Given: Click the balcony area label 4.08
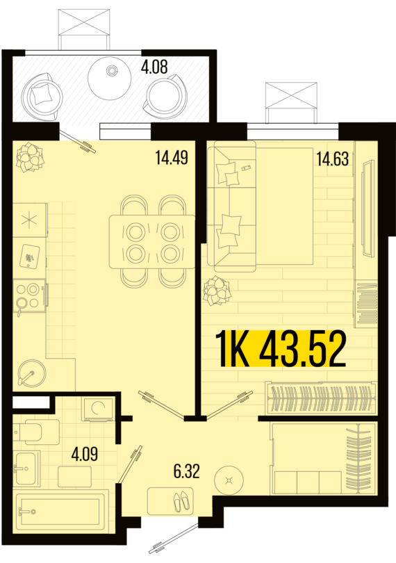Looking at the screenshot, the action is (x=154, y=67).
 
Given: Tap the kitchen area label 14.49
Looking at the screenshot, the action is (x=172, y=158).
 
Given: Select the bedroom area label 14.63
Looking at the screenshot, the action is (x=333, y=158).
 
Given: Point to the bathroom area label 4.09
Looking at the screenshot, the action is (x=84, y=454).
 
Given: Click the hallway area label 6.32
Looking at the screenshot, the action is (x=186, y=471).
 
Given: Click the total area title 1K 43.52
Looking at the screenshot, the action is (x=281, y=349).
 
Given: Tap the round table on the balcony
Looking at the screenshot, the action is (x=110, y=78).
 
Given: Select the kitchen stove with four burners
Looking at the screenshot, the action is (x=29, y=296).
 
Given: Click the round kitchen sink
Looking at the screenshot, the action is (x=31, y=373).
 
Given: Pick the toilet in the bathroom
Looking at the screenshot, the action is (x=36, y=431).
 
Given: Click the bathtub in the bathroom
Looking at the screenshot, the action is (x=61, y=512).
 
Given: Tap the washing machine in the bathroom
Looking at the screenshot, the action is (x=98, y=409).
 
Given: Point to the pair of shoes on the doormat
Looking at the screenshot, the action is (x=181, y=501).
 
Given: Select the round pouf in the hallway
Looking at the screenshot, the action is (x=229, y=480).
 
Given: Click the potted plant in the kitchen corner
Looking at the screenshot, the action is (x=30, y=156).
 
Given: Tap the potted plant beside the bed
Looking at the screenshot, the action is (x=217, y=290).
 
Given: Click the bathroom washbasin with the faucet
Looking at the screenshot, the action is (x=25, y=468).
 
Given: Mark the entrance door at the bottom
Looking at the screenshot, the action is (x=174, y=538).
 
